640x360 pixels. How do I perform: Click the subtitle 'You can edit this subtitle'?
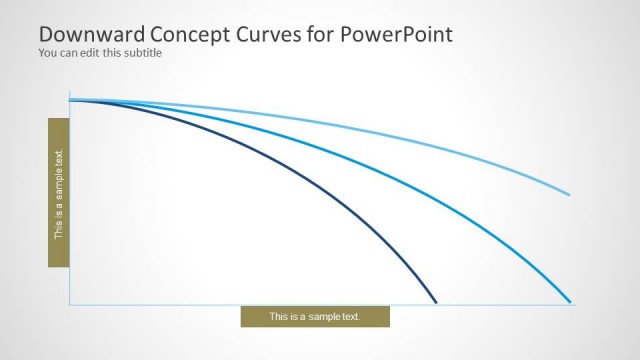pyautogui.click(x=99, y=53)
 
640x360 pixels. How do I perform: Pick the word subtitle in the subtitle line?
pyautogui.click(x=142, y=53)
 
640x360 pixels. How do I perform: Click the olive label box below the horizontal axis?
pyautogui.click(x=315, y=317)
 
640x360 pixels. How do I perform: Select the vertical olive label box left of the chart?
pyautogui.click(x=58, y=192)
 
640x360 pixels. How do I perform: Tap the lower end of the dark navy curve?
pyautogui.click(x=436, y=301)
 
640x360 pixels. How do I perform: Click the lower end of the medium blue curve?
pyautogui.click(x=570, y=301)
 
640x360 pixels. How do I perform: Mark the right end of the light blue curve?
pyautogui.click(x=570, y=194)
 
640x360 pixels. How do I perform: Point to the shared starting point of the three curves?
pyautogui.click(x=71, y=100)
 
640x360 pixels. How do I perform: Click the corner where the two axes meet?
pyautogui.click(x=70, y=304)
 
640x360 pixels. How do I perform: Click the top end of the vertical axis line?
pyautogui.click(x=70, y=91)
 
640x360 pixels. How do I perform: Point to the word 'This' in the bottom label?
pyautogui.click(x=279, y=317)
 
